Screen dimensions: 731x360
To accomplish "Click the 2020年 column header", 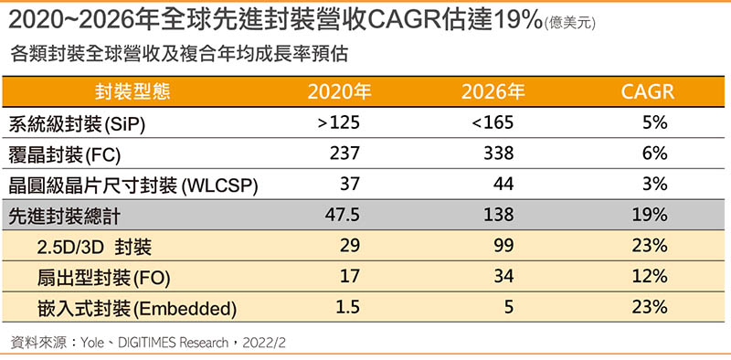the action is tap(339, 92).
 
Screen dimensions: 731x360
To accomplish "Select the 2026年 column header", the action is tap(493, 92).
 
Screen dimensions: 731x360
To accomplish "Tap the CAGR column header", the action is tap(648, 92).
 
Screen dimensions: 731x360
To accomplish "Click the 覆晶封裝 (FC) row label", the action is tap(65, 154).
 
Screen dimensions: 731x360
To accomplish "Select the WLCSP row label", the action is tap(133, 185).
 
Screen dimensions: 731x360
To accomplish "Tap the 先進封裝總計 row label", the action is tap(65, 217).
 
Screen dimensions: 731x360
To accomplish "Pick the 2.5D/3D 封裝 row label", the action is tap(94, 247).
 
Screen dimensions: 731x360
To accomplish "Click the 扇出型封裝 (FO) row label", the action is tap(103, 278).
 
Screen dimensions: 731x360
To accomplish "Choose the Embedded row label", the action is tap(137, 309).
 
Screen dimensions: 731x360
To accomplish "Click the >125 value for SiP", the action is tap(339, 123).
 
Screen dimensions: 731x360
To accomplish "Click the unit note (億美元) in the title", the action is tap(569, 24).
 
